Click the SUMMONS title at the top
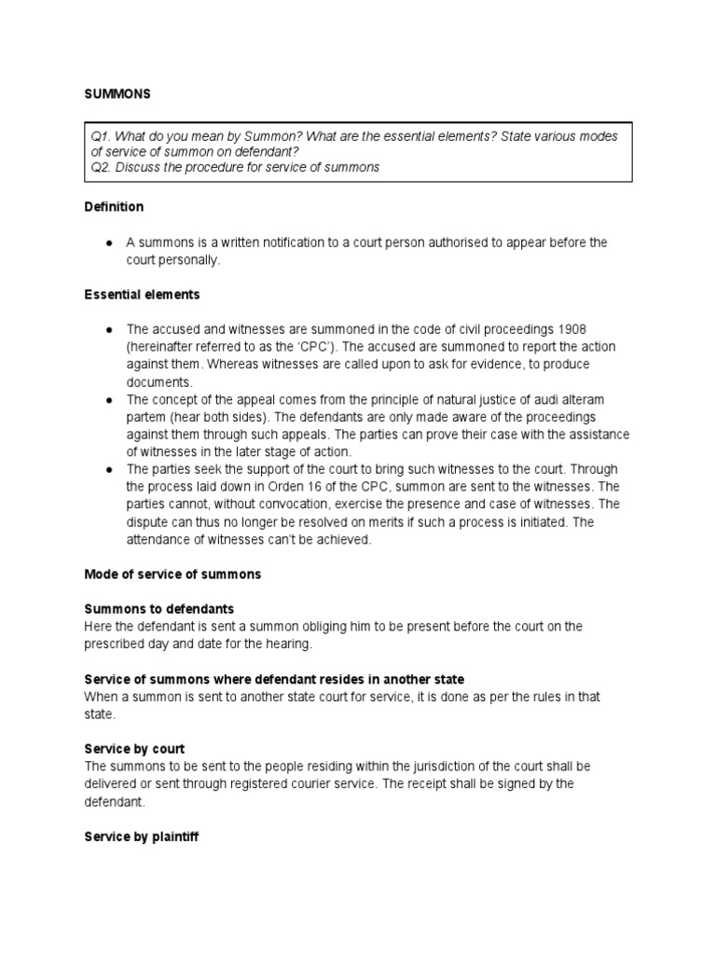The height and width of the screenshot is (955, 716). (x=117, y=94)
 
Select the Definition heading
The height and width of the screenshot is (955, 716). (x=114, y=206)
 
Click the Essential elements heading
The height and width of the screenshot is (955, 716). (x=142, y=294)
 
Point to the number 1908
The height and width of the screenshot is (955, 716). (x=571, y=329)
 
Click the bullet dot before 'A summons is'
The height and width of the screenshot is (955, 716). (x=109, y=242)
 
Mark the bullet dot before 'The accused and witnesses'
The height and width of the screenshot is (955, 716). (x=109, y=330)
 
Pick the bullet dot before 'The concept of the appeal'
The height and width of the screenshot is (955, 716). (x=109, y=400)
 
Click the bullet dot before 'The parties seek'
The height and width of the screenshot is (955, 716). (x=109, y=469)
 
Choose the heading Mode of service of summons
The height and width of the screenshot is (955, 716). (x=172, y=574)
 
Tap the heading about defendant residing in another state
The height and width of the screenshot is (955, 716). (x=274, y=679)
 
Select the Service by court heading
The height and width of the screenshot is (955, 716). (x=134, y=749)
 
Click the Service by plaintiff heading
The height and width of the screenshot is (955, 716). (x=141, y=837)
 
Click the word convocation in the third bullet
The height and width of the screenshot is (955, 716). (x=260, y=505)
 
